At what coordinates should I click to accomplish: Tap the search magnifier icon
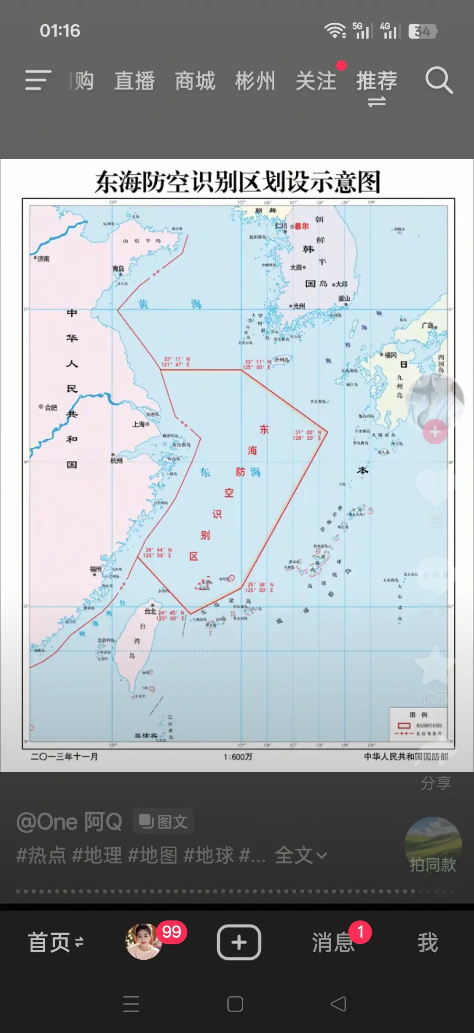coord(438,80)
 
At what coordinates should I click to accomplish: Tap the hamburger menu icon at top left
coord(38,80)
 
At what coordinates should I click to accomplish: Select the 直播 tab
coord(134,81)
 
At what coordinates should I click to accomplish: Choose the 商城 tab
coord(195,81)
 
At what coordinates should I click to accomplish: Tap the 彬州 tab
coord(255,81)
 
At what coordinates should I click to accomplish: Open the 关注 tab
coord(316,81)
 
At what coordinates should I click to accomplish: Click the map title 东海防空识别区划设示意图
coord(237,182)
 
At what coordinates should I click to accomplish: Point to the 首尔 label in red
coord(302,226)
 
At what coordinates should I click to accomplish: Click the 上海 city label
coord(139,424)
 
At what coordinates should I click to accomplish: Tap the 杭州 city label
coord(116,460)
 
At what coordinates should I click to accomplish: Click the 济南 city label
coord(43,259)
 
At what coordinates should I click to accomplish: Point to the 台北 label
coord(151,611)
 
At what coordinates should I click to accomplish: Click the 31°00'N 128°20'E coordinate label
coord(308,435)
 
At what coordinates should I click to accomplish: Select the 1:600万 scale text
coord(238,757)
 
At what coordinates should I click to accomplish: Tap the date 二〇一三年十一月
coord(65,757)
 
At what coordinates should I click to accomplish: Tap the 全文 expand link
coord(300,855)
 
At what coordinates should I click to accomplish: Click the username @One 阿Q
coord(69,821)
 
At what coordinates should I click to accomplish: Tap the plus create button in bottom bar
coord(239,942)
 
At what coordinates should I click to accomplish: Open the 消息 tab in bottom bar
coord(333,942)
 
